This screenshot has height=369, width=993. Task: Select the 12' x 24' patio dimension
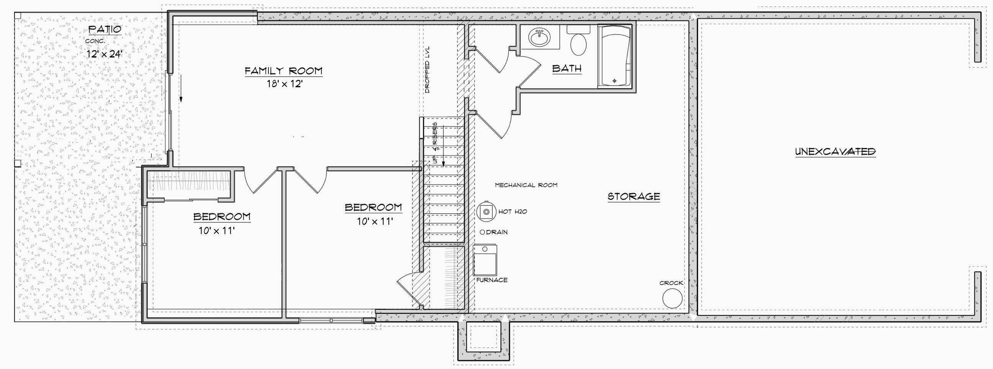tap(105, 54)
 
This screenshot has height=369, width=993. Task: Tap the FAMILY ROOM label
tap(283, 71)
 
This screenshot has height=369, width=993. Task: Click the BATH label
tap(567, 69)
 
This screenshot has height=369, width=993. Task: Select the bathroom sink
tap(539, 38)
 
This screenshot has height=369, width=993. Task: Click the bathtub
tap(614, 56)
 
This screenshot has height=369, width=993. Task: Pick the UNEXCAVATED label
tap(835, 152)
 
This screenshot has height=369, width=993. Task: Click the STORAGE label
tap(634, 196)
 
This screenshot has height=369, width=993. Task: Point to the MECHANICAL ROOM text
tap(526, 185)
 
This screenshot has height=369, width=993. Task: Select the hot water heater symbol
tap(487, 211)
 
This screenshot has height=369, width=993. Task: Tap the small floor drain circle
tap(482, 232)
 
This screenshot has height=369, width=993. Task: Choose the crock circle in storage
tap(672, 298)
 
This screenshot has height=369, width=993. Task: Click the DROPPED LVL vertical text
tap(427, 71)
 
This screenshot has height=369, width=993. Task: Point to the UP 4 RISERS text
tap(435, 143)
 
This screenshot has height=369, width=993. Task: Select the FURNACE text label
tap(492, 280)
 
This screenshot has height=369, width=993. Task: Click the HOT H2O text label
tap(513, 211)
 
